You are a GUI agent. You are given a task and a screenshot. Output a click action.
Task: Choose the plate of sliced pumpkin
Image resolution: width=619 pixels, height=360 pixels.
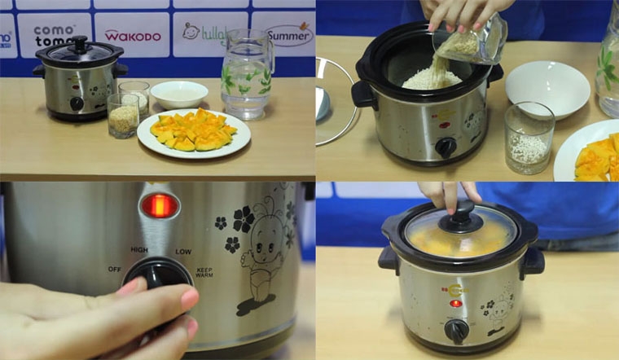click(x=194, y=132)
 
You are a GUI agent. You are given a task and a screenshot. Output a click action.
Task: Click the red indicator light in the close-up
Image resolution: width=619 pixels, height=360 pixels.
click(x=159, y=205)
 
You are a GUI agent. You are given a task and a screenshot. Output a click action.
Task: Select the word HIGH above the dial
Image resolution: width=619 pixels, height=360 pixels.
click(x=138, y=249)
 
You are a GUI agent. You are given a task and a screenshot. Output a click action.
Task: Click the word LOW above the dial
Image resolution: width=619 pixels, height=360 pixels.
click(x=182, y=250)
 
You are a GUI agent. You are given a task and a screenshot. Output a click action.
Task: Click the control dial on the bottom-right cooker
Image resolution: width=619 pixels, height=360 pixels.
click(x=457, y=329)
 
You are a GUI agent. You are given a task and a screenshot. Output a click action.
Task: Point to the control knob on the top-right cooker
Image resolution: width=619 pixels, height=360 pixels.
click(x=445, y=147)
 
